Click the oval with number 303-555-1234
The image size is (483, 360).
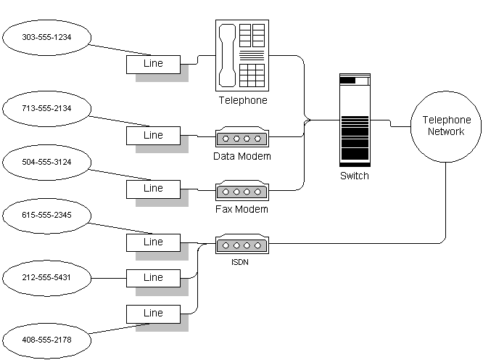(x=46, y=36)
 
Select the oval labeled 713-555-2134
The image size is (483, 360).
(x=46, y=109)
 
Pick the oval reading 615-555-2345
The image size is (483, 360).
(x=46, y=215)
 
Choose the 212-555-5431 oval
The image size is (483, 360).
(x=46, y=277)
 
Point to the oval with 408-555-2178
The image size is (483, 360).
(x=46, y=339)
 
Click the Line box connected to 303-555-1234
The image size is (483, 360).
(x=153, y=64)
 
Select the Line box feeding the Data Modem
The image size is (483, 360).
(x=153, y=135)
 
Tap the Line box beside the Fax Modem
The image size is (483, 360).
(x=153, y=189)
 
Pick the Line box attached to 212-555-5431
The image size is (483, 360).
(x=153, y=277)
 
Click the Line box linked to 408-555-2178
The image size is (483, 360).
(x=153, y=314)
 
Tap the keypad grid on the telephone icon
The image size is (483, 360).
(x=252, y=75)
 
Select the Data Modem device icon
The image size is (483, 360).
(x=241, y=137)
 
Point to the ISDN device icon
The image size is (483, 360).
(x=241, y=244)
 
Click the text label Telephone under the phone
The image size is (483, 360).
(x=242, y=101)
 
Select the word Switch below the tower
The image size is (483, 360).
(x=355, y=176)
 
